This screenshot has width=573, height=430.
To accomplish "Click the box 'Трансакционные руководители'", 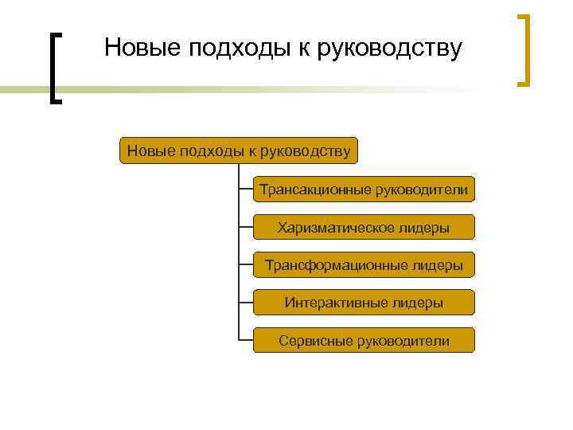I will click(364, 190).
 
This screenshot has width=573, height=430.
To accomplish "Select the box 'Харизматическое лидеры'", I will click(364, 228).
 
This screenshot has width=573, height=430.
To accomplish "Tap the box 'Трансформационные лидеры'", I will click(364, 265).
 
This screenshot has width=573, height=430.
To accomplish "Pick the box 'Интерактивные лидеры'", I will click(364, 303).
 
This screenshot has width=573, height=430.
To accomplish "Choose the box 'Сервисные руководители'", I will click(364, 341).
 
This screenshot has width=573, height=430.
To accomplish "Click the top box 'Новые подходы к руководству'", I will click(239, 150).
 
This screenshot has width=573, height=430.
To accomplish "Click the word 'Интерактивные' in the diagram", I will click(337, 303).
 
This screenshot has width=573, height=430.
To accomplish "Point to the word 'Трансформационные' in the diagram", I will click(333, 265).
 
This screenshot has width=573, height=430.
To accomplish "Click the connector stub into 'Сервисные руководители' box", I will click(246, 341).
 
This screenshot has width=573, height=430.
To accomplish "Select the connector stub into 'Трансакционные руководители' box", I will click(246, 190).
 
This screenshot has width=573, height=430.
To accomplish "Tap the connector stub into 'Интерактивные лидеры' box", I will click(246, 303).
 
